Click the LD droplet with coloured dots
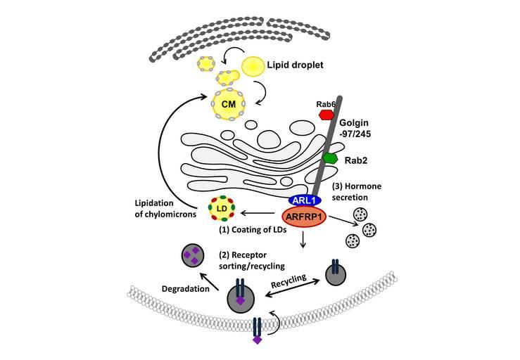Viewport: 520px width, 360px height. pos(222,208)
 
